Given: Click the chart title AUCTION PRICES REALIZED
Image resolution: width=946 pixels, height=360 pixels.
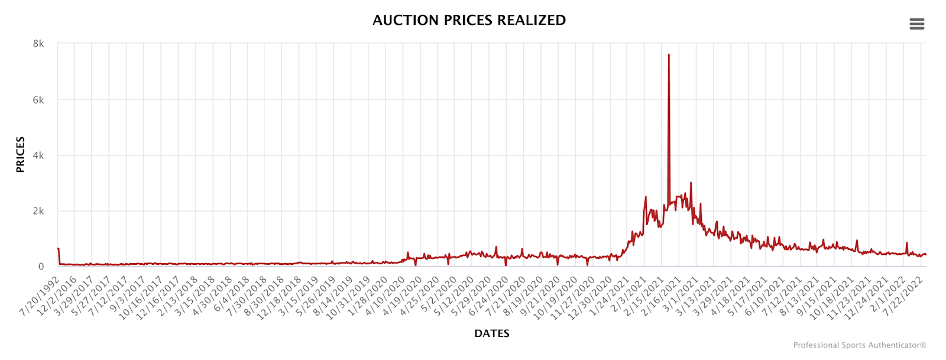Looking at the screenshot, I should pos(469,20).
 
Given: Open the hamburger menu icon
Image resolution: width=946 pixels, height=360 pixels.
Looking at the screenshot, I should pos(916,24).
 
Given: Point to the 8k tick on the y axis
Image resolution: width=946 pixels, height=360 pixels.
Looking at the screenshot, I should pos(38,44).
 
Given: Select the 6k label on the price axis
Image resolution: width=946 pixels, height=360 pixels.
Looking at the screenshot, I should pos(38,100).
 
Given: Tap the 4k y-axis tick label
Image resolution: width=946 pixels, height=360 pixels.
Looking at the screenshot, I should pos(38,155).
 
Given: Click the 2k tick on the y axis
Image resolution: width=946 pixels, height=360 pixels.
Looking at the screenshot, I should pos(38,211).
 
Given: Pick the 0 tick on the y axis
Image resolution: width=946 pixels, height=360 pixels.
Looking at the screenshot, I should pos(41,267).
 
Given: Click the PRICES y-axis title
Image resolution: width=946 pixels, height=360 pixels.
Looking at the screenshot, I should pos(21,155).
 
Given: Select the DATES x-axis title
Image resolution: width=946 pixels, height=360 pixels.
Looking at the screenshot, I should pos(491,333).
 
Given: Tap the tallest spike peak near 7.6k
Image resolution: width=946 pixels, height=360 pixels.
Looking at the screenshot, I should pos(669,55).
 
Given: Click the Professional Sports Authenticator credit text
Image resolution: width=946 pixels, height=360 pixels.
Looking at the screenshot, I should pos(859,345).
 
